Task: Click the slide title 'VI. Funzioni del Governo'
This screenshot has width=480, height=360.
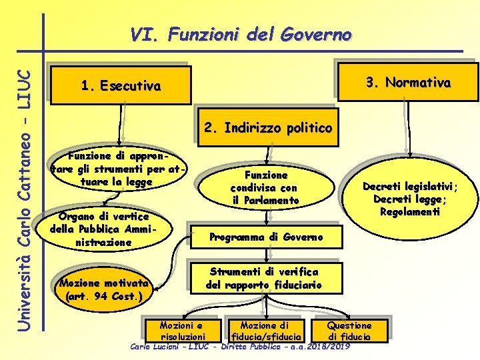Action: point(241,33)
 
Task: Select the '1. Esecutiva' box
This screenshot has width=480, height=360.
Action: point(120,86)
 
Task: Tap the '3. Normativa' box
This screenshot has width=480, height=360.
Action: point(408,83)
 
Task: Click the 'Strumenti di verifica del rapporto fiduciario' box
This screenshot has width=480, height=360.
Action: point(264,279)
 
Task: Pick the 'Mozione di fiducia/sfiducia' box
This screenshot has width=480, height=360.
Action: point(265,330)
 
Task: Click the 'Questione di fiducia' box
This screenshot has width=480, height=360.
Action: point(349,330)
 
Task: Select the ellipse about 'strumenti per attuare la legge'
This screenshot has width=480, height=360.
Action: point(116,169)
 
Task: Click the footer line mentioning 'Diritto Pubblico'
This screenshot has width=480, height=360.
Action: point(240,347)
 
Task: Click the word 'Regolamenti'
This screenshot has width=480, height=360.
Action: point(410,211)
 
